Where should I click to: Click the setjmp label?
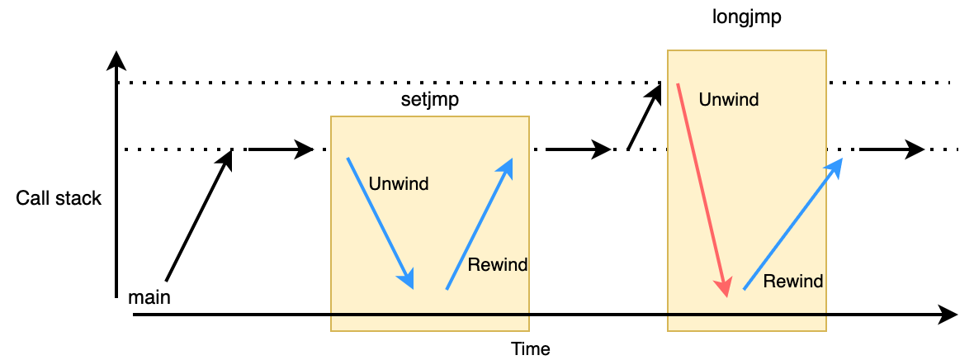(x=429, y=100)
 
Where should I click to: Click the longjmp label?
(x=746, y=17)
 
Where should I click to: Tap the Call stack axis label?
(x=59, y=199)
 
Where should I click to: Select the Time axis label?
(x=530, y=348)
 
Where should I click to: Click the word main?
(x=149, y=297)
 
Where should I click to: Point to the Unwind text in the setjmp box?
(x=399, y=183)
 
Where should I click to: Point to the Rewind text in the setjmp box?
(x=497, y=265)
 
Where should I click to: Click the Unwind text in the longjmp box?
(x=728, y=100)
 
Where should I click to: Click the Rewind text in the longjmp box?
(x=792, y=282)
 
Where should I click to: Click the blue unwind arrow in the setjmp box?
(x=380, y=222)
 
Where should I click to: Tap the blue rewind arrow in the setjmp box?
(x=480, y=223)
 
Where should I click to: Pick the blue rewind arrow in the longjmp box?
(x=792, y=224)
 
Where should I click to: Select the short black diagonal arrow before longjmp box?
(x=645, y=116)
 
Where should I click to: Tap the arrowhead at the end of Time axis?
(x=949, y=315)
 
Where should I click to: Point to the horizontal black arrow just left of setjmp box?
(x=281, y=149)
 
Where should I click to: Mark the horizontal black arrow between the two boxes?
(x=578, y=149)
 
